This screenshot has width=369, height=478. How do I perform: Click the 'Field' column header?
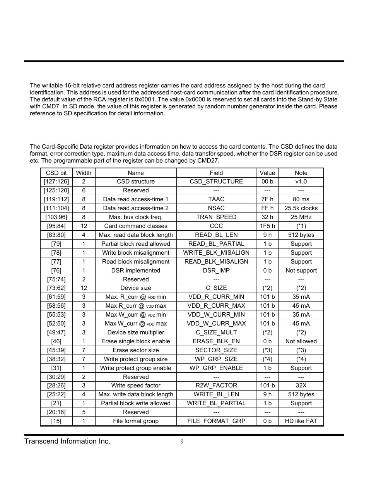coord(216,173)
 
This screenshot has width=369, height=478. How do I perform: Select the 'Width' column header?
coord(84,173)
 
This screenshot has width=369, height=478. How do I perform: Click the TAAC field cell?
coord(216,199)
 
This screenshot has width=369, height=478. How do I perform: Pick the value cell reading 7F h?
coord(267,199)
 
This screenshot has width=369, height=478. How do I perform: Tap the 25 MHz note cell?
coord(301,217)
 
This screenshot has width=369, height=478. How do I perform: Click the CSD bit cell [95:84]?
coord(56,226)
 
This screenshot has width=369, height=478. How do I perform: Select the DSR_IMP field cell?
coord(216,271)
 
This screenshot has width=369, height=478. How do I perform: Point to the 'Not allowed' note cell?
coord(301,341)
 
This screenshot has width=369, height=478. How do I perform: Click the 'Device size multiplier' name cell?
coord(136,332)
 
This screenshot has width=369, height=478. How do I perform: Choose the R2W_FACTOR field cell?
coord(216,385)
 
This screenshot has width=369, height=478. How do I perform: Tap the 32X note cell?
coord(301,385)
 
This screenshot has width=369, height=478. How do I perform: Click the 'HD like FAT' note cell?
coord(301,421)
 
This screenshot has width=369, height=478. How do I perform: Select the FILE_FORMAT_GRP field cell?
coord(216,421)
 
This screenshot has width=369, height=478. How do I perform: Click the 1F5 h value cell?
coord(267,226)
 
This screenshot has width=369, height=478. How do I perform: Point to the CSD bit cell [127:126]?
coord(56,182)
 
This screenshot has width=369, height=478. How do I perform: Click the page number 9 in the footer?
coord(182,442)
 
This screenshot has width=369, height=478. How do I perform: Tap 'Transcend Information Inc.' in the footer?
coord(67,441)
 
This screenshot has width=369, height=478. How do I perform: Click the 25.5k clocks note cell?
coord(301,208)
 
